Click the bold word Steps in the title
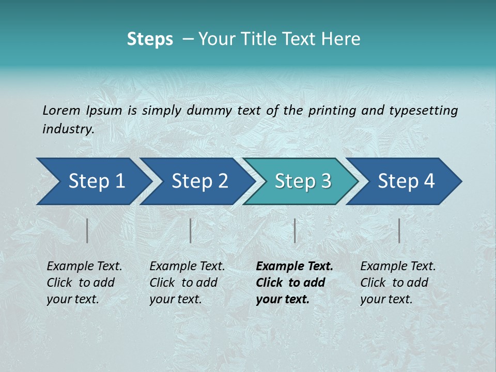point(150,39)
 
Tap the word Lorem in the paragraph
point(61,110)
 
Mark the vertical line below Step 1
point(87,230)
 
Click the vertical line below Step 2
point(191,230)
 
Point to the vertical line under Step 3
point(295,230)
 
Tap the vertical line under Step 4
point(399,230)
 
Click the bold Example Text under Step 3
point(295,266)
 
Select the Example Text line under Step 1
point(84,266)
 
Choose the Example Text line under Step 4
point(398,266)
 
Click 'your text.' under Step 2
point(175,299)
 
